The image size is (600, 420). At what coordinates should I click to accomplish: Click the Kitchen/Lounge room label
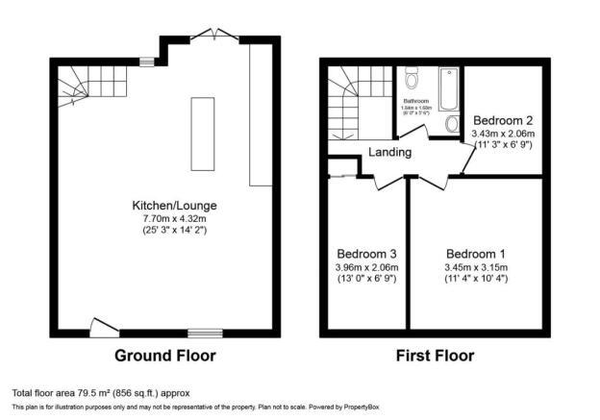pos(166,206)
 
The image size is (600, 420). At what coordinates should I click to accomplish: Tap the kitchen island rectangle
pos(203,133)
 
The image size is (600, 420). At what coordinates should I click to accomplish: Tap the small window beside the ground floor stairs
pos(146,62)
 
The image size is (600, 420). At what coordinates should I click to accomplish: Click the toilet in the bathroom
pos(412,78)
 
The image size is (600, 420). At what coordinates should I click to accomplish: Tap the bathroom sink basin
pos(452,124)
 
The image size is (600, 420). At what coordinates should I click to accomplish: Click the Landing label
pos(388,152)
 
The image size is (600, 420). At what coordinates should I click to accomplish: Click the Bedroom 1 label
pos(476,254)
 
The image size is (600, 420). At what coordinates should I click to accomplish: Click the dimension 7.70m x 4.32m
pos(166,218)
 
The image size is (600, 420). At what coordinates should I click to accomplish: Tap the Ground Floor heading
pos(165,356)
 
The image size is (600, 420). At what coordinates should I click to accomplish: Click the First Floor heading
pos(436,356)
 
